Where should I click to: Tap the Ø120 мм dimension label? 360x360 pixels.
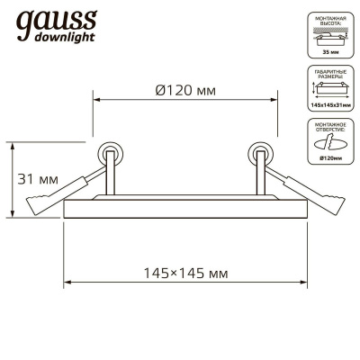point(184,90)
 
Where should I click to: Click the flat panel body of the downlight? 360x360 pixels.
point(185,208)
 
